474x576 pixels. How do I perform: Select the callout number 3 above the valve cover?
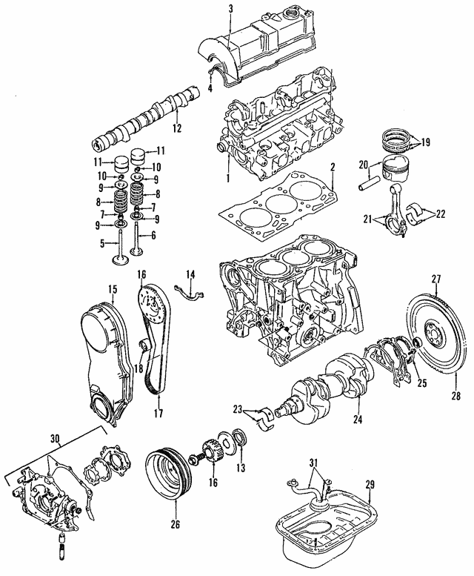point(230,8)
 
